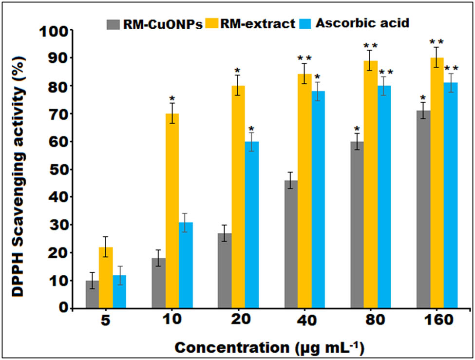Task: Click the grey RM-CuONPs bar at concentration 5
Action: point(93,294)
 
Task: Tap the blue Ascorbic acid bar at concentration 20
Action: point(252,225)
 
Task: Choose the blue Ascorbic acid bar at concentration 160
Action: point(451,195)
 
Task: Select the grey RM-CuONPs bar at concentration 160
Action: point(423,209)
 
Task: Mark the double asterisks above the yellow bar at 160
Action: point(437,42)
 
